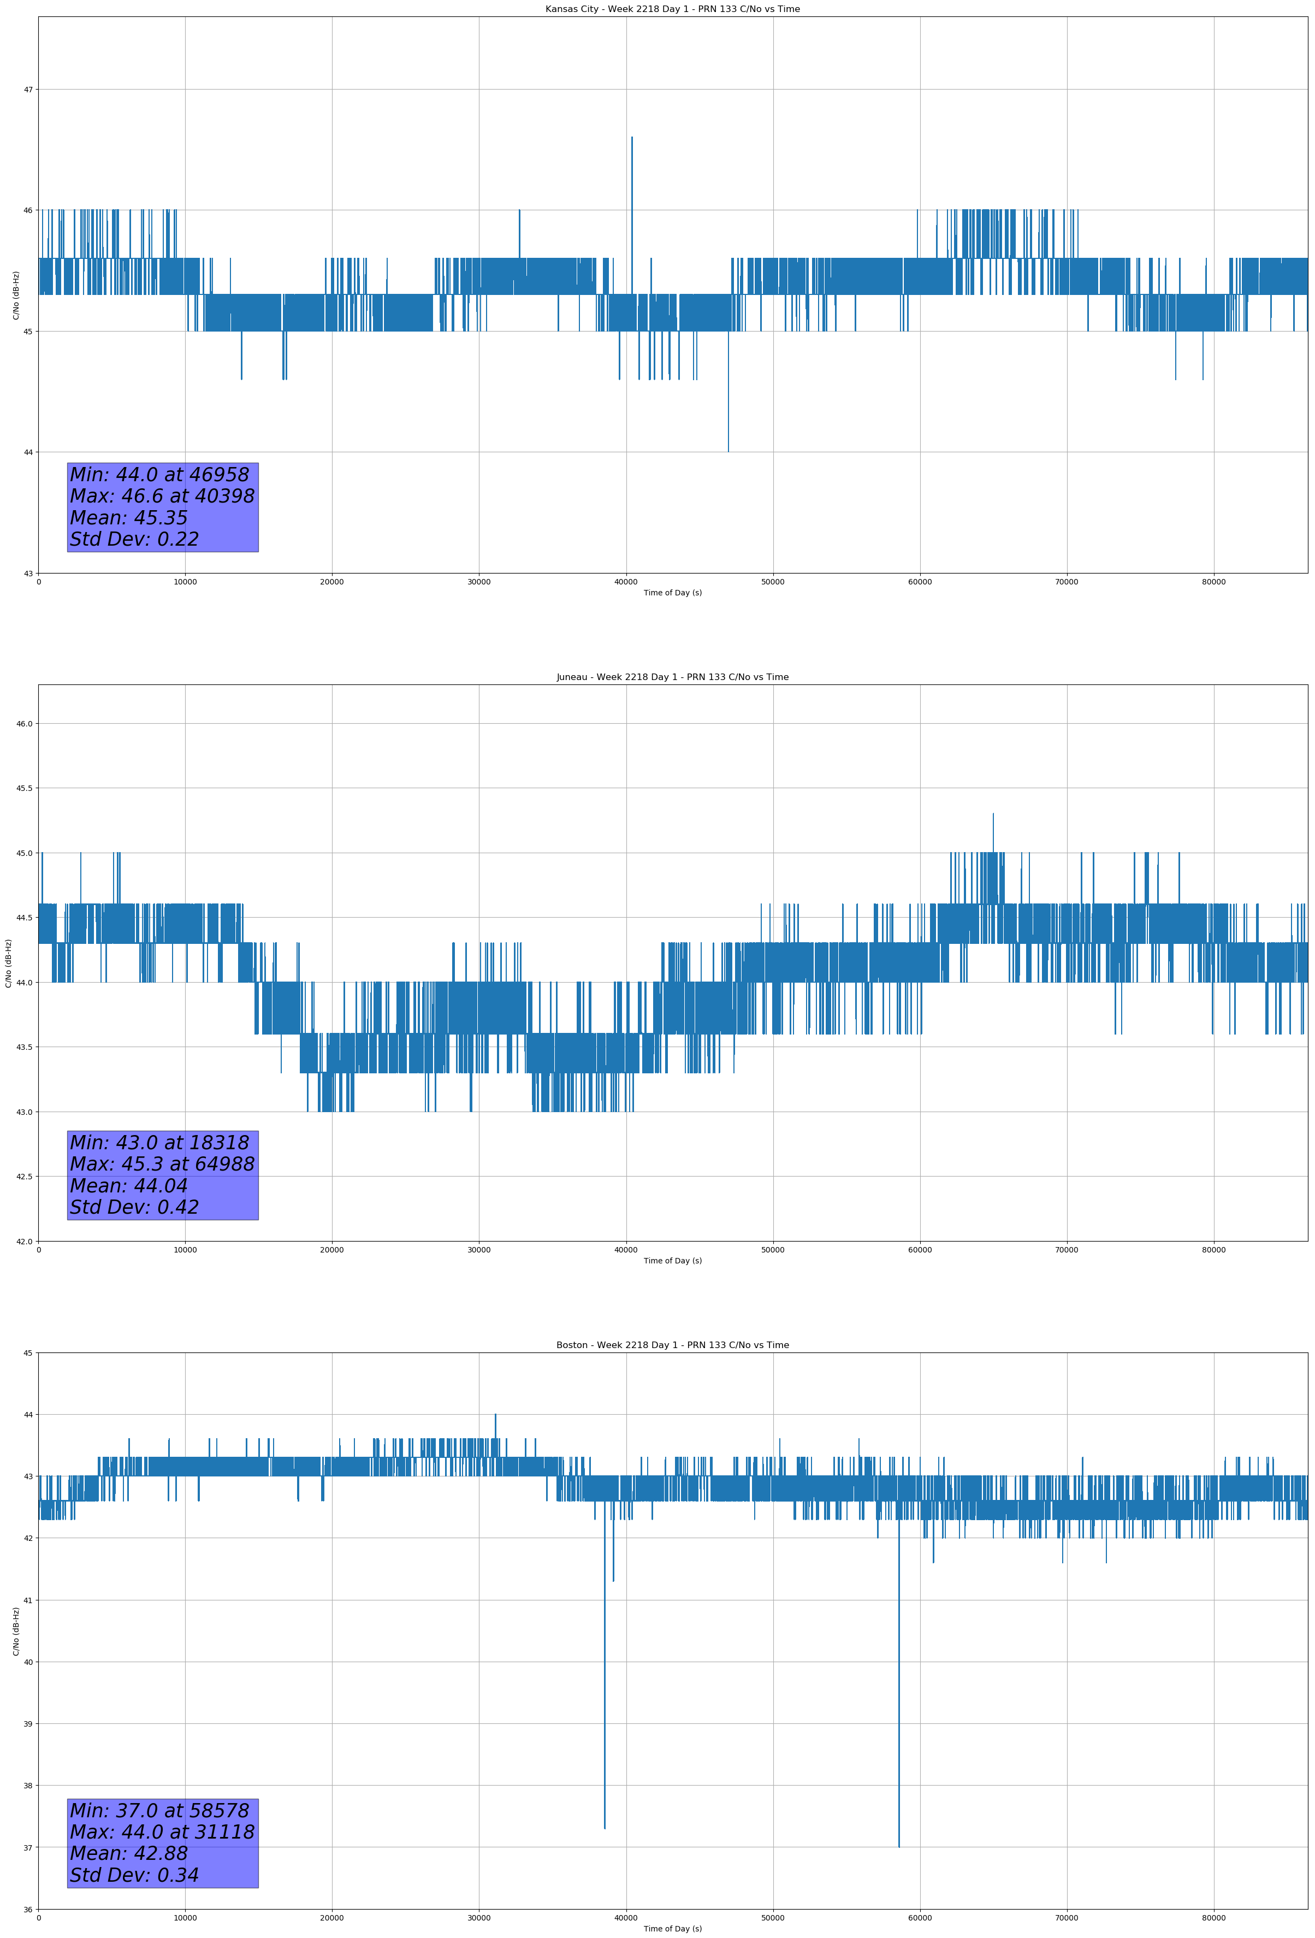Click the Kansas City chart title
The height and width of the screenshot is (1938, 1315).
pyautogui.click(x=672, y=9)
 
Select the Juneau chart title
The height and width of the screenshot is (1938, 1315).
pyautogui.click(x=672, y=677)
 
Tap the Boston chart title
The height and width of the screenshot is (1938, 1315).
pyautogui.click(x=672, y=1345)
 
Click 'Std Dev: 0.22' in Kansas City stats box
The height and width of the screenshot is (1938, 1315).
pyautogui.click(x=134, y=540)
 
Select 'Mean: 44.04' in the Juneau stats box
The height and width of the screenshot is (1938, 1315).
pyautogui.click(x=128, y=1186)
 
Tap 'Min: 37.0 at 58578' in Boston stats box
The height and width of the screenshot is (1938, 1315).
pyautogui.click(x=159, y=1810)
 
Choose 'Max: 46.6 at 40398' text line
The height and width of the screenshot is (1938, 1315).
pyautogui.click(x=162, y=496)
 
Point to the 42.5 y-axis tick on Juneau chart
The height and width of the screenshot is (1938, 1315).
pyautogui.click(x=24, y=1177)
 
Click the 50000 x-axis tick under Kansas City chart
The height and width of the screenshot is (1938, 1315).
pyautogui.click(x=772, y=582)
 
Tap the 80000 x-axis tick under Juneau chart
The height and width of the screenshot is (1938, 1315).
pyautogui.click(x=1213, y=1250)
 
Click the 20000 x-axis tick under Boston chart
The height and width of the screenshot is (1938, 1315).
pyautogui.click(x=332, y=1918)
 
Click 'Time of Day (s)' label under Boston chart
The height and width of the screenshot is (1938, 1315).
pyautogui.click(x=672, y=1929)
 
